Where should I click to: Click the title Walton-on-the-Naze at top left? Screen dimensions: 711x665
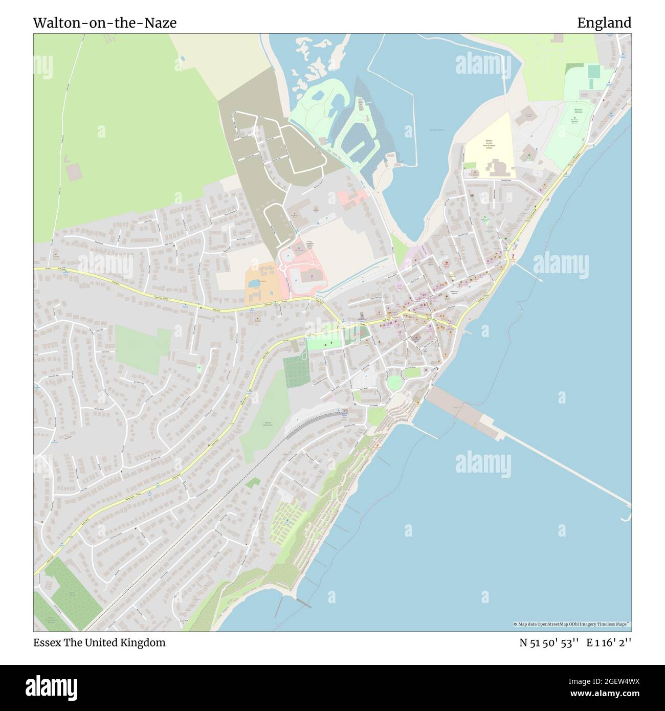pos(105,23)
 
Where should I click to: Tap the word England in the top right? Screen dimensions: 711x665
pos(604,23)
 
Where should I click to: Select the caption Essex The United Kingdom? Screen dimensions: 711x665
pos(99,642)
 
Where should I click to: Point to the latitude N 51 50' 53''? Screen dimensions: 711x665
pos(549,642)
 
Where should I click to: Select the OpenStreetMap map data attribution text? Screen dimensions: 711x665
pos(572,625)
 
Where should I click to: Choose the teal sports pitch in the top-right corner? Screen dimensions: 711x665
pos(593,71)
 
